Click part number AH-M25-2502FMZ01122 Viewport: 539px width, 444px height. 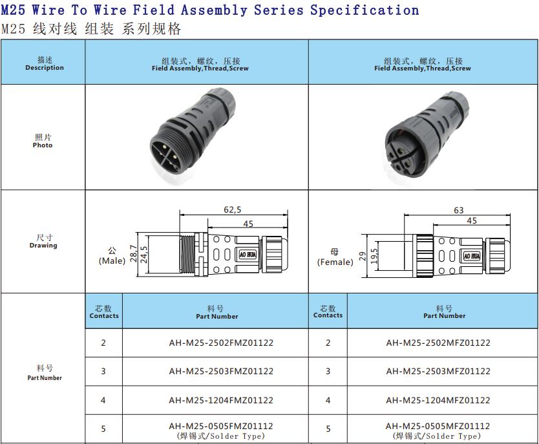coord(220,343)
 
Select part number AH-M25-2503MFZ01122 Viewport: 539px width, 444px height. coord(438,372)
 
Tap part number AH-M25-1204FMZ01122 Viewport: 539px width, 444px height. coord(220,401)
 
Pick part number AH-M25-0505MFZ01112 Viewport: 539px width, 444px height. coord(438,427)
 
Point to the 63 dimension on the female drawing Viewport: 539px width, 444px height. coord(459,210)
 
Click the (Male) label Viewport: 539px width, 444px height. coord(112,261)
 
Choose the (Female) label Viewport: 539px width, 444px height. coord(335,262)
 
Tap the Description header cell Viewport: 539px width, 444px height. coord(45,63)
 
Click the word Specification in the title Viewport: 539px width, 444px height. coord(364,10)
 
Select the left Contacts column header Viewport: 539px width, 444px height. coord(103,312)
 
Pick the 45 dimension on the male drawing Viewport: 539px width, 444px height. coord(248,224)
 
